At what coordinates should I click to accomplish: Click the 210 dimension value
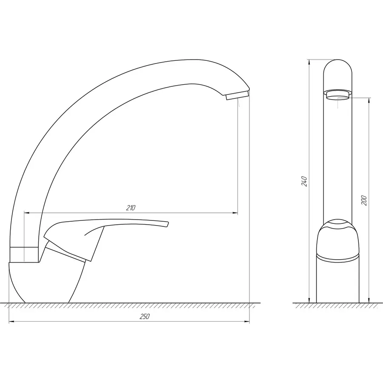click(131, 208)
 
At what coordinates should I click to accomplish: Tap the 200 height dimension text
click(364, 200)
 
